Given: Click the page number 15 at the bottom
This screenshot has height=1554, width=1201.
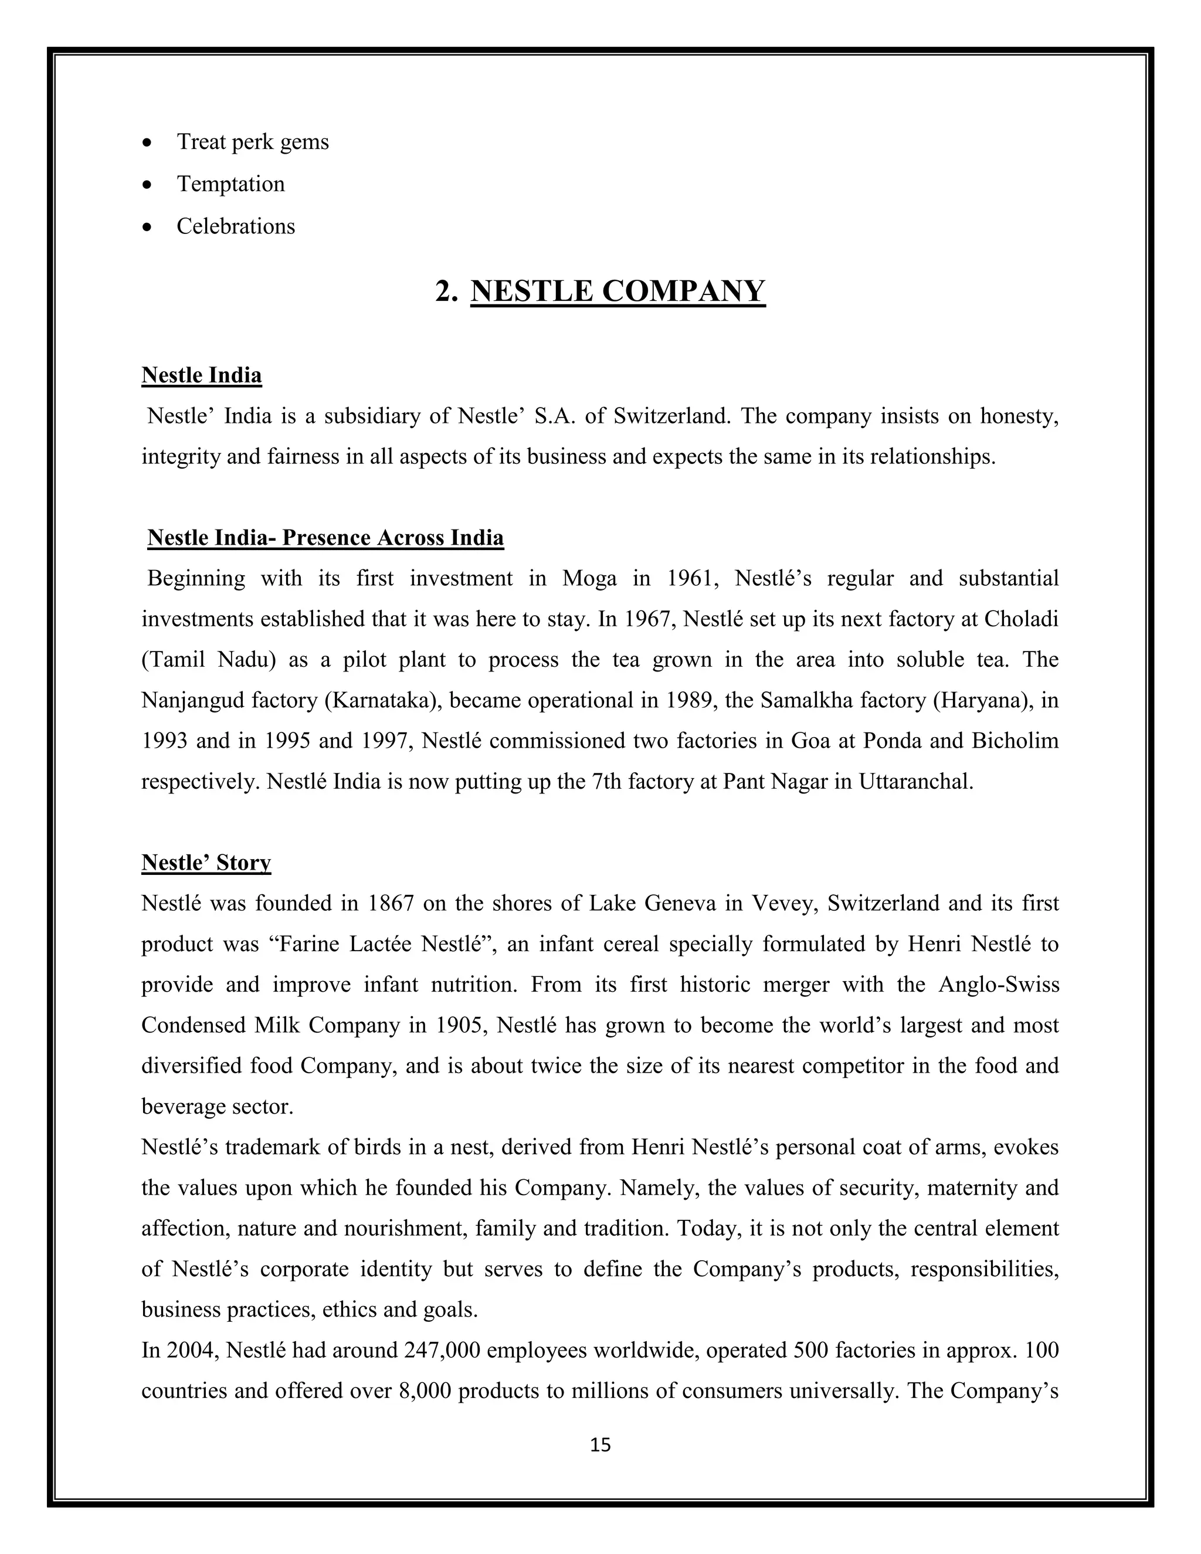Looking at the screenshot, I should tap(600, 1444).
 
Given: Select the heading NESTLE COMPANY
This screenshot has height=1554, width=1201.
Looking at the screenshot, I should tap(618, 291).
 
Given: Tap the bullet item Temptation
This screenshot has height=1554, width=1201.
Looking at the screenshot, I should tap(230, 184).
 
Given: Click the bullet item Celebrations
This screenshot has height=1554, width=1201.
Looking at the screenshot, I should tap(236, 226).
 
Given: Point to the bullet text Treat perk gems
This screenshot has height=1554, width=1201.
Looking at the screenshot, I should tap(253, 142).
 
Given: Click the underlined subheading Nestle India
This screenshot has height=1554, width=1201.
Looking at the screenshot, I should tap(201, 375).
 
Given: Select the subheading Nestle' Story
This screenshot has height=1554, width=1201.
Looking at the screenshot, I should tap(206, 863).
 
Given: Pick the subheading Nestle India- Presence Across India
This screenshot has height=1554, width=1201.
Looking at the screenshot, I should tap(325, 537).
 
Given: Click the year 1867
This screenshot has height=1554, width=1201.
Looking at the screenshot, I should tap(391, 904).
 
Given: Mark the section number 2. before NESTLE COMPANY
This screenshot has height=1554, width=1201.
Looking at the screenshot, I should tap(446, 291).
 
